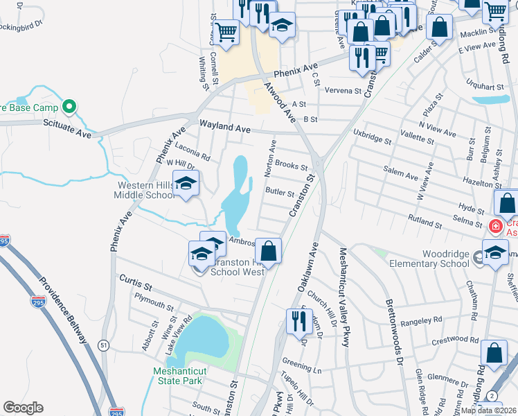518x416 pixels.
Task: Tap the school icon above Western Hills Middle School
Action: (186, 183)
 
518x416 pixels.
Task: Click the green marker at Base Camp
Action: (68, 107)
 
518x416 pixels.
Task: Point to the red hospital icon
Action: (494, 226)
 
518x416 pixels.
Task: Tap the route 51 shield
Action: (103, 345)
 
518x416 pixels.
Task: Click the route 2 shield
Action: (491, 395)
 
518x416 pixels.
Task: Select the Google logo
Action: (23, 408)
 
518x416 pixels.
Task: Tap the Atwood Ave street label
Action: (280, 102)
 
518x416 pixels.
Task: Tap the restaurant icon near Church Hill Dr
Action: (296, 320)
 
